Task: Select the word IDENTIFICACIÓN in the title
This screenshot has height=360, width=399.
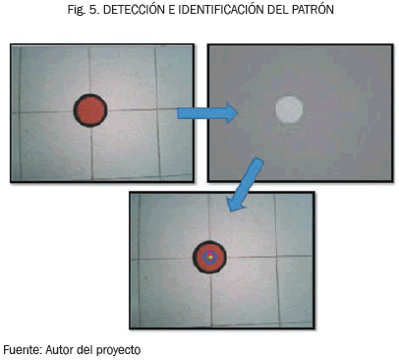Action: coord(221,10)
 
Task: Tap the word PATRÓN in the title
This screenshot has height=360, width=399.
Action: coord(313,10)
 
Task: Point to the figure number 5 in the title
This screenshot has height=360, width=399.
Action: coord(93,10)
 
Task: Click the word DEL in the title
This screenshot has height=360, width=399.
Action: coord(278,10)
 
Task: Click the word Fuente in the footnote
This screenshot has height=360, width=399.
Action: coord(23,350)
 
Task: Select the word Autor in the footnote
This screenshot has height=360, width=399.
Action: coord(60,350)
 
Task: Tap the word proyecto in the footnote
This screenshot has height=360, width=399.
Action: coord(118,350)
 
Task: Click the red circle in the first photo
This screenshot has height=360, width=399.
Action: coord(90,110)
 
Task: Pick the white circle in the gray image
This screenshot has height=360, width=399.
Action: coord(289,109)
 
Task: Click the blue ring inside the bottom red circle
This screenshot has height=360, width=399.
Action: coord(205,258)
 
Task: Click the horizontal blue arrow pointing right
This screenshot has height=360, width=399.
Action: coord(207,113)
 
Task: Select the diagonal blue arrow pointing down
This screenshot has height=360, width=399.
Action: coord(244,185)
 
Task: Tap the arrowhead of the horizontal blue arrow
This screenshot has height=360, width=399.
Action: coord(232,113)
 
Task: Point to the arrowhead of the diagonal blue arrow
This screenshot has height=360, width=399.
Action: coord(234,204)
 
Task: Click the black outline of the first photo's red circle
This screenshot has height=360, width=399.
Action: coord(75,110)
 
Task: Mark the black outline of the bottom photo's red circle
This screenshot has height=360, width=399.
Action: coord(195,258)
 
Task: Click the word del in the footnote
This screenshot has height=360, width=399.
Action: coord(85,350)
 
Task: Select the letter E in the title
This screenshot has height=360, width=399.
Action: coord(171,10)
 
